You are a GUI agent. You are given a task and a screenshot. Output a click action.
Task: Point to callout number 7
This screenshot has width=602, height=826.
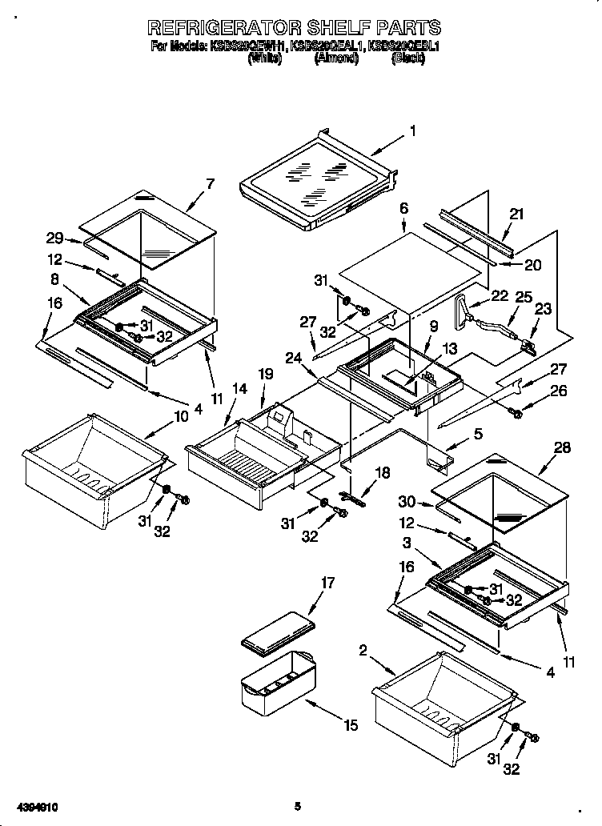click(x=210, y=184)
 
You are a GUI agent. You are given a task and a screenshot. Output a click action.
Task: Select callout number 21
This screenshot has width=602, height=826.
click(x=516, y=215)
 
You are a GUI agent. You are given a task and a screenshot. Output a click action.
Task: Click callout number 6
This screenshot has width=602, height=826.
click(x=404, y=208)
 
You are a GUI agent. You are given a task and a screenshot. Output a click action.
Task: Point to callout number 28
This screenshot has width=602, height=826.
click(x=562, y=448)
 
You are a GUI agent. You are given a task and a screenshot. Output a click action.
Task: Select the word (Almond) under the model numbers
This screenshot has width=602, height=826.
click(x=336, y=58)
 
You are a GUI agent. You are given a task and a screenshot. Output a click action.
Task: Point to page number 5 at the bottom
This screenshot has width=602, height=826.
click(x=297, y=807)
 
